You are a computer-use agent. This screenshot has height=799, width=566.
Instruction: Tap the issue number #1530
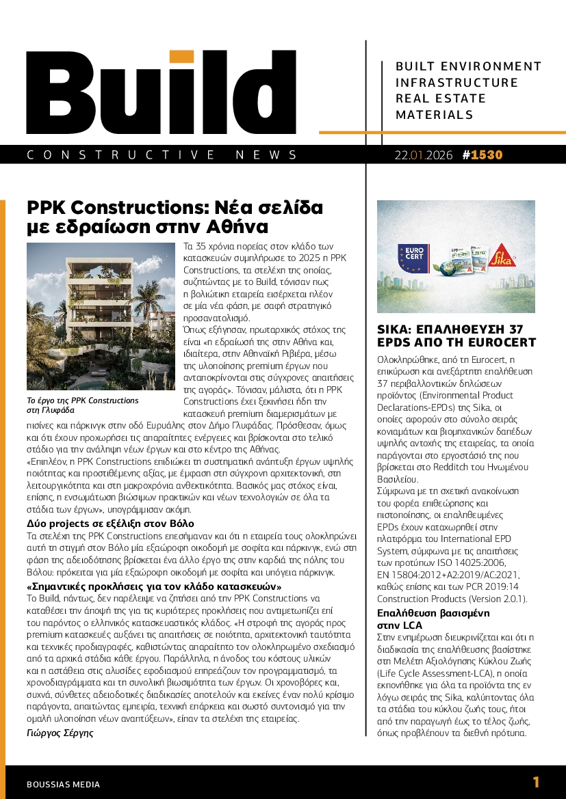point(483,155)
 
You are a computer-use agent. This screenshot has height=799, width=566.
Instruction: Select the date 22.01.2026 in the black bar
point(424,155)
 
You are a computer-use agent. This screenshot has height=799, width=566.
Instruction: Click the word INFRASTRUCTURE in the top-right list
point(456,83)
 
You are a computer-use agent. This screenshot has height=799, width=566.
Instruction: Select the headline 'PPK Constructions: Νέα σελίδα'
point(175,207)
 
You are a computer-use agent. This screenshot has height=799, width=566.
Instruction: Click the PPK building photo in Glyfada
point(101,316)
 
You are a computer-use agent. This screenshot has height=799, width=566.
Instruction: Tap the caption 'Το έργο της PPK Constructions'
point(82,401)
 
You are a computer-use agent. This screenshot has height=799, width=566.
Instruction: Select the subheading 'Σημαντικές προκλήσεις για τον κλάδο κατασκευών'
point(155,586)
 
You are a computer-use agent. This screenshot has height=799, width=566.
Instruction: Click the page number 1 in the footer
point(536,782)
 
